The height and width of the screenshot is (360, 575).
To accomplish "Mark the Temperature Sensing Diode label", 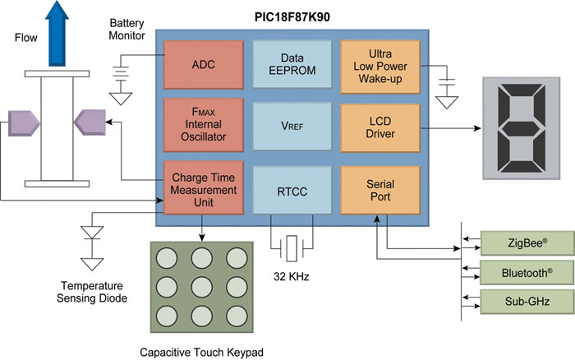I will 91,292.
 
